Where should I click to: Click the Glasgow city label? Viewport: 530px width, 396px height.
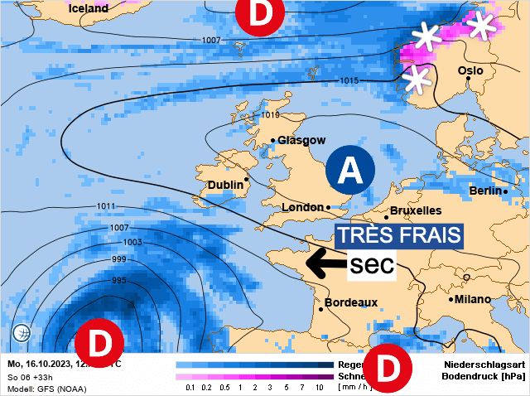pos(301,140)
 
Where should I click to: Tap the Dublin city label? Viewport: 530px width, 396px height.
pos(225,185)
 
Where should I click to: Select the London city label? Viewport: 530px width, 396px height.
pos(303,207)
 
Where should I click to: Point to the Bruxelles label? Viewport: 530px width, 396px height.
pos(415,210)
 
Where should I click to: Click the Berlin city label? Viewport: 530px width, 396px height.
pos(486,191)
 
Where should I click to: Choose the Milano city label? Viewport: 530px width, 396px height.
pos(471,298)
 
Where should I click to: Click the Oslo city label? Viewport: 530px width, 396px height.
pos(470,71)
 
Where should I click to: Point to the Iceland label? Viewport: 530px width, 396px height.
pos(89,8)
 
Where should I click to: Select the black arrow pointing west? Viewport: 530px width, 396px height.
pos(325,265)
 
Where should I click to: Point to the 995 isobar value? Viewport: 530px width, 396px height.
pos(118,281)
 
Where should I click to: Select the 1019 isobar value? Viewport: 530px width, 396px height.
pos(272,115)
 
